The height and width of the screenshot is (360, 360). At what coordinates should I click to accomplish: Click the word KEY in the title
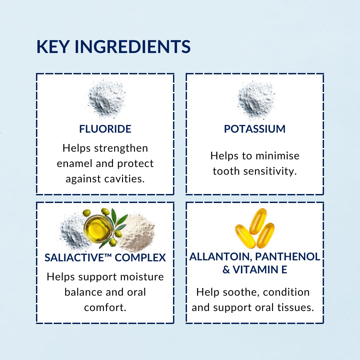click(53, 47)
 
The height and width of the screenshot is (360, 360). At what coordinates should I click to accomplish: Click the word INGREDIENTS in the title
click(133, 47)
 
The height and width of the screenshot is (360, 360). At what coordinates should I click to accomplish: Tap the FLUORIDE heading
click(105, 129)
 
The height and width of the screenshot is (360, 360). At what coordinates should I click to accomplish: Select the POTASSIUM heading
click(255, 129)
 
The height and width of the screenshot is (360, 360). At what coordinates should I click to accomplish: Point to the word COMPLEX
click(140, 258)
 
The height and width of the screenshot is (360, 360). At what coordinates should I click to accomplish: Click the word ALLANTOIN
click(221, 256)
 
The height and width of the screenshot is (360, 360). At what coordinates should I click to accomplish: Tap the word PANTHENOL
click(287, 256)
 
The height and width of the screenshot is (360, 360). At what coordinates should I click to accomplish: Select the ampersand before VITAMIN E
click(226, 270)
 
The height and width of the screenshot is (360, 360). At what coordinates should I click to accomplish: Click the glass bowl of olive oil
click(98, 228)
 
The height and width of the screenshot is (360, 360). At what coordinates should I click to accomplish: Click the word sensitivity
click(270, 171)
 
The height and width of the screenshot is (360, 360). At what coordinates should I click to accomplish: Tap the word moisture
click(142, 277)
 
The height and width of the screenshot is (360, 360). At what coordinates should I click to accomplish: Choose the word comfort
click(105, 308)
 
